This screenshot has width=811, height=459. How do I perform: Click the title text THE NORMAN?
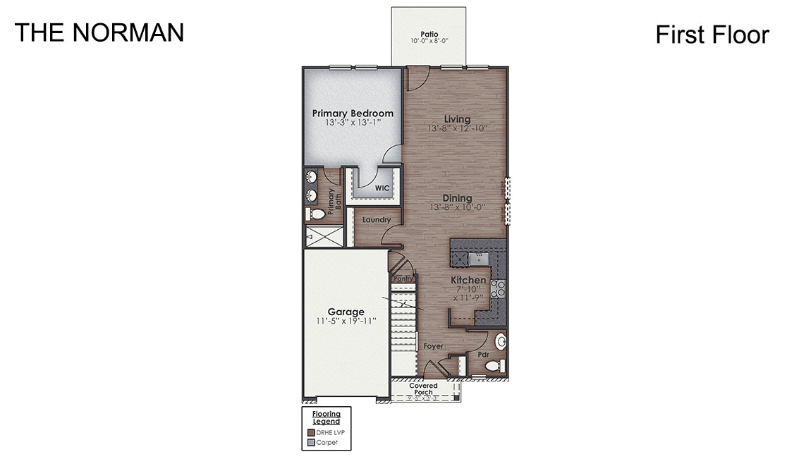pos(99,32)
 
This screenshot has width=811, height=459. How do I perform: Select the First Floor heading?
pos(712,35)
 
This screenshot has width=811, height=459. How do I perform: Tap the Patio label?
pos(429,33)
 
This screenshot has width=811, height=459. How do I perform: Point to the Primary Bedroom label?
pos(353,113)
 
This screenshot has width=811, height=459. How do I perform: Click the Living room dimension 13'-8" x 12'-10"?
pos(458,129)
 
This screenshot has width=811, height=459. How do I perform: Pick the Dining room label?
pos(457,198)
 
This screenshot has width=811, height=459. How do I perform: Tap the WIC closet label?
pos(382,188)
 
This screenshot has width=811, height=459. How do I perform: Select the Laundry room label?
pos(376,220)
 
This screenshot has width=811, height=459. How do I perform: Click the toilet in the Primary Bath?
pos(316,213)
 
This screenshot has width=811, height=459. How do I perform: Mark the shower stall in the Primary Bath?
pos(323,236)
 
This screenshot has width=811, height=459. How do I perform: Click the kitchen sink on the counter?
pos(480,257)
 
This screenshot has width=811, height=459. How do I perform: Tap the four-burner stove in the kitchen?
pos(499,287)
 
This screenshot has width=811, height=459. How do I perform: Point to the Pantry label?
pos(403,279)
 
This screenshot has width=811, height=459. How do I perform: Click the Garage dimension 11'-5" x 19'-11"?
pos(346,321)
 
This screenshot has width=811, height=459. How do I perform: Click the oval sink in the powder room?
pos(501,343)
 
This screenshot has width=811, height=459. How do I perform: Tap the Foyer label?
pos(433,346)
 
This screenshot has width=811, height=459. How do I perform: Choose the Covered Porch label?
pos(423,389)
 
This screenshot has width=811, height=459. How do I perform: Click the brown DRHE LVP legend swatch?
pos(311,432)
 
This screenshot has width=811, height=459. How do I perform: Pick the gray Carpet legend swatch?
pos(311,443)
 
